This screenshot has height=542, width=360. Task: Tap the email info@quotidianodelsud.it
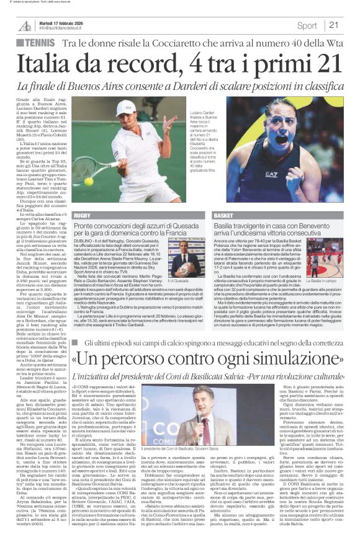coord(61,28)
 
